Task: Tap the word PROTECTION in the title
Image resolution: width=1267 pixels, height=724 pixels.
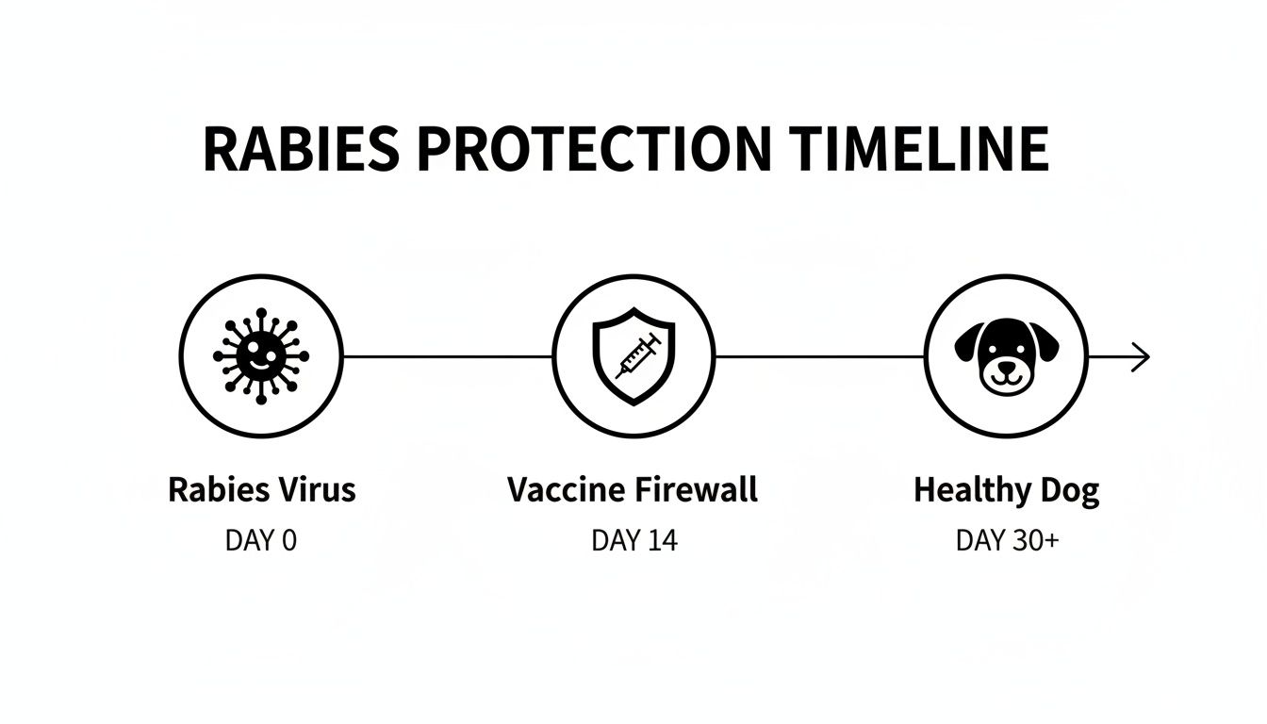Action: pyautogui.click(x=595, y=150)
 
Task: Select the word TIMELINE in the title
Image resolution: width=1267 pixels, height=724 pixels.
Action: pyautogui.click(x=920, y=150)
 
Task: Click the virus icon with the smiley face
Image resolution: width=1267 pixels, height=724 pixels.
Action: pyautogui.click(x=260, y=356)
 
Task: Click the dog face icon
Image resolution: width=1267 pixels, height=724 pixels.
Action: pyautogui.click(x=1006, y=356)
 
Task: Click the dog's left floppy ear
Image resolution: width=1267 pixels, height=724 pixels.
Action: pyautogui.click(x=968, y=342)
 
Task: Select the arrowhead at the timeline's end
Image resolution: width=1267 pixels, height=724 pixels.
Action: pyautogui.click(x=1142, y=357)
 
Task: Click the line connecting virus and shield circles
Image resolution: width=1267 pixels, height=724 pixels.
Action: pyautogui.click(x=447, y=356)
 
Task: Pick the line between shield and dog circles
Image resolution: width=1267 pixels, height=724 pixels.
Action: pyautogui.click(x=819, y=356)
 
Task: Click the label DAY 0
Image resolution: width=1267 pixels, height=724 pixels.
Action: pyautogui.click(x=260, y=540)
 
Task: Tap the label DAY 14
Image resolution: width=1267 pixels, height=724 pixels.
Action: pyautogui.click(x=633, y=540)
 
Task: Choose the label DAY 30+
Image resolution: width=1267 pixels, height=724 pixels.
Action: pyautogui.click(x=1006, y=540)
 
